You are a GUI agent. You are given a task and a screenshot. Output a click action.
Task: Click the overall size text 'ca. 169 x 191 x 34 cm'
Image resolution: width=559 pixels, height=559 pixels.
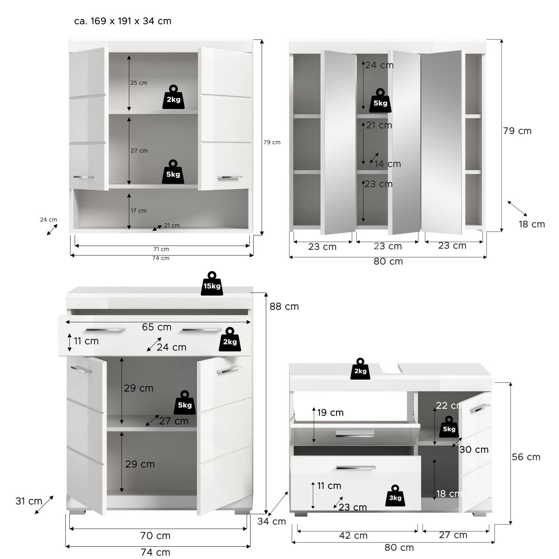[x=123, y=21]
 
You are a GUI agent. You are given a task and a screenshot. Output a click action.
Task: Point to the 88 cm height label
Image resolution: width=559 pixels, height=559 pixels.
[x=284, y=306]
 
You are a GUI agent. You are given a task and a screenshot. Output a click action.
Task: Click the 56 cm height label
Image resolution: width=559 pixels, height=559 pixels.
[x=526, y=457]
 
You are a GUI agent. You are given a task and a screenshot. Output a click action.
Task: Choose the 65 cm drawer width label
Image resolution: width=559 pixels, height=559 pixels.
[x=157, y=327]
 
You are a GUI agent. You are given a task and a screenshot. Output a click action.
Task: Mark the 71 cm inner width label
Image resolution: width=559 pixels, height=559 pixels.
[x=161, y=249]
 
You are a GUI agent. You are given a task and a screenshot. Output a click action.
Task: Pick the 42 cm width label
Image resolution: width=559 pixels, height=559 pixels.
[x=353, y=536]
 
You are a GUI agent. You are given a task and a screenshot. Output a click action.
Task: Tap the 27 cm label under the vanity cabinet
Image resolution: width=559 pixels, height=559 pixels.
[x=453, y=535]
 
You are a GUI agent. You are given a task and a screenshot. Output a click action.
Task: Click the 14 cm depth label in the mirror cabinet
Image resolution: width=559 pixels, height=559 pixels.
[x=388, y=164]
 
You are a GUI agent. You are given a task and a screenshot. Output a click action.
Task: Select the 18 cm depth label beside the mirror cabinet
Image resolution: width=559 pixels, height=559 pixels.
[x=532, y=224]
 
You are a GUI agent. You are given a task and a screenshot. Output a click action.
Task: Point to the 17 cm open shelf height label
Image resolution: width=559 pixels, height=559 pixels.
[x=138, y=211]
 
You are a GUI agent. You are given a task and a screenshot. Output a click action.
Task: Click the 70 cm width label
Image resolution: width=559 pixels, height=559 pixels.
[x=155, y=536]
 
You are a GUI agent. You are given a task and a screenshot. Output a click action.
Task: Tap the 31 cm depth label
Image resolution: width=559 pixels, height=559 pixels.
[x=29, y=501]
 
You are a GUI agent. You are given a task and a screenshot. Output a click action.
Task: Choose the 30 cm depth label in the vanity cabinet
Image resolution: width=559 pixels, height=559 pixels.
[x=474, y=449]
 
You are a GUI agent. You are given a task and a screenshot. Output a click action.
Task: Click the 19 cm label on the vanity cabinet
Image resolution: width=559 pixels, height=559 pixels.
[x=330, y=413]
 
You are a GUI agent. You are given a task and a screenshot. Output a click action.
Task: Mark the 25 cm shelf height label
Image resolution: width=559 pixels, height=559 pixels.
[x=139, y=83]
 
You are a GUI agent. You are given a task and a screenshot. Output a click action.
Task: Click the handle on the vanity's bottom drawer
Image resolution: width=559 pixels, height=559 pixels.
[x=356, y=468]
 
